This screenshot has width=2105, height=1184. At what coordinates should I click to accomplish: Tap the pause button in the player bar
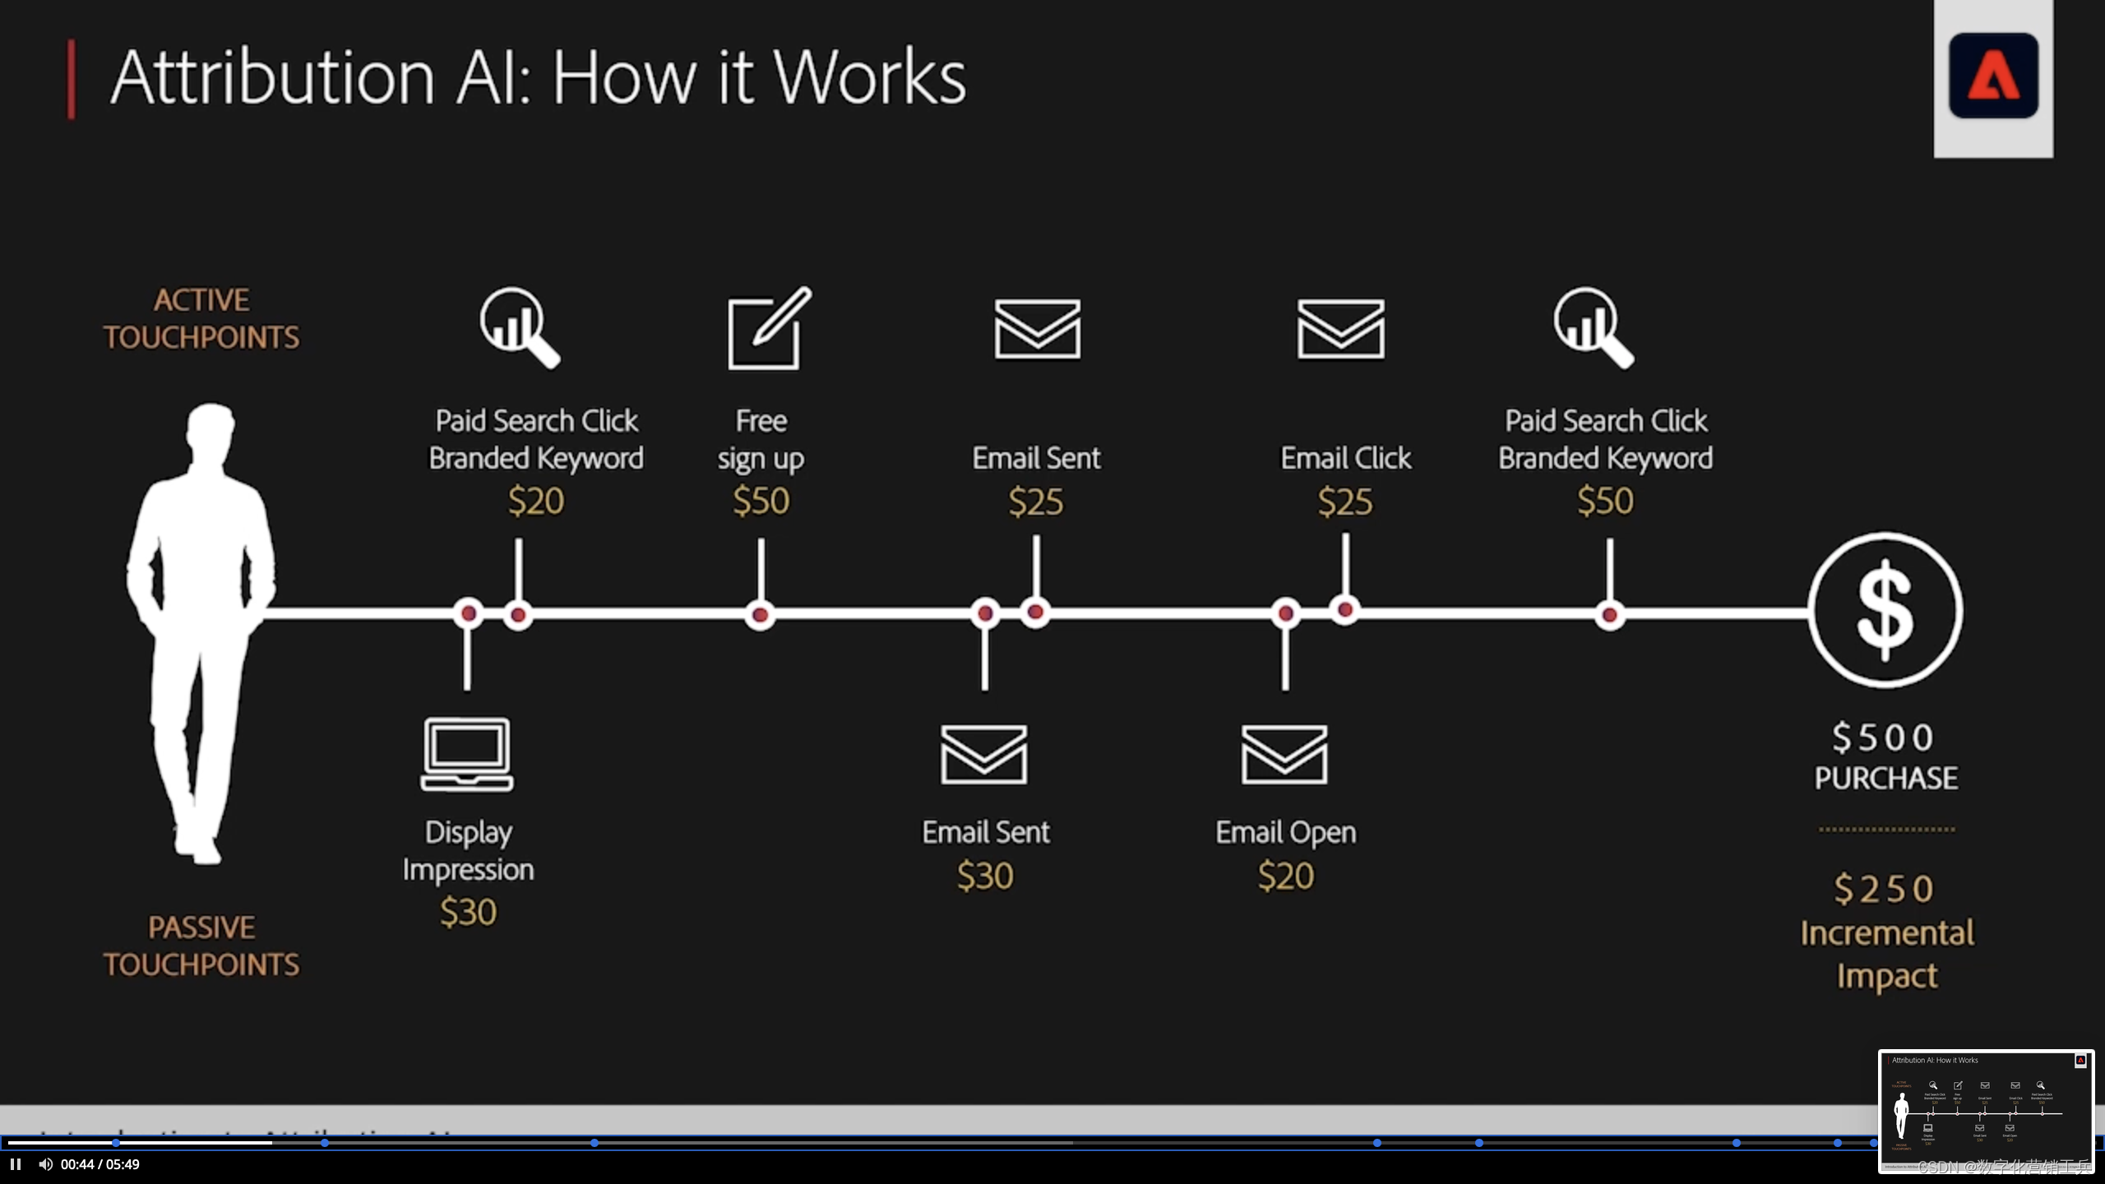(16, 1164)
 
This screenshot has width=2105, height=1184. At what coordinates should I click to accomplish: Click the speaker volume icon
(45, 1164)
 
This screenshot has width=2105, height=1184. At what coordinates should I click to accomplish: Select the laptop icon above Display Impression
(467, 754)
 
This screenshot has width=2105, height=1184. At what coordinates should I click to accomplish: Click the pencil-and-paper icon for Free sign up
(767, 329)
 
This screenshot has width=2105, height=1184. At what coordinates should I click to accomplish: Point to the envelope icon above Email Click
(1340, 329)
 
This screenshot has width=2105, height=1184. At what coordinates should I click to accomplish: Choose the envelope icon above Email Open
(1284, 754)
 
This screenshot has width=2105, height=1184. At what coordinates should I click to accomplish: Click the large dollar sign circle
(1885, 610)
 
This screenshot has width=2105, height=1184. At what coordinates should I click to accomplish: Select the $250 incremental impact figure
(1884, 889)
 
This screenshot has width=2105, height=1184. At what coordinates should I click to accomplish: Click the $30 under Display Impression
(468, 912)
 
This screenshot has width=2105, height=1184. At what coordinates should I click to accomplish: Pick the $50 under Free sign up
(761, 501)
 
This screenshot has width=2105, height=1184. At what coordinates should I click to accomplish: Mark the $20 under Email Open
(1286, 876)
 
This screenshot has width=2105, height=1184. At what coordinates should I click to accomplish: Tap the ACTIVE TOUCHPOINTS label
(201, 318)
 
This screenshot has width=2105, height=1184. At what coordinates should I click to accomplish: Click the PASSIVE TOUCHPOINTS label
(201, 946)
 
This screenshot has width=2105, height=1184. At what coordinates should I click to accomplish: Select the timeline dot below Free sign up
(761, 614)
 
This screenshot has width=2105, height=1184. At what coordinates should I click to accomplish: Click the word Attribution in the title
(272, 77)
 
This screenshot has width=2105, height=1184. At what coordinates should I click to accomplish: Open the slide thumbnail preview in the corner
(1985, 1111)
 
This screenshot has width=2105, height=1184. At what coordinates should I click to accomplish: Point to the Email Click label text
(1345, 458)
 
